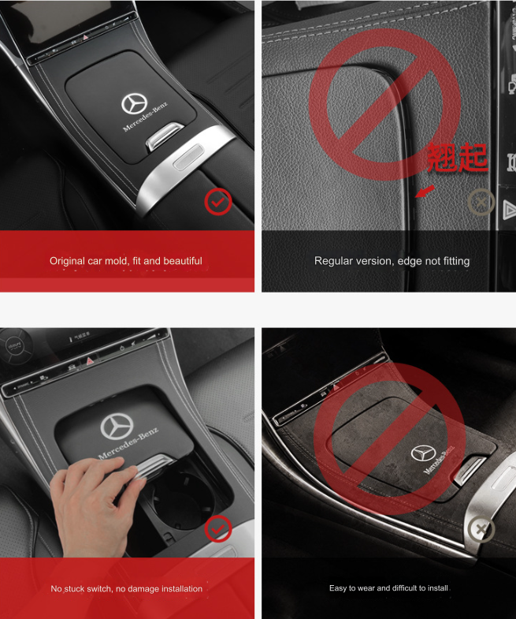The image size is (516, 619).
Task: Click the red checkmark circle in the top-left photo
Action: point(218,203)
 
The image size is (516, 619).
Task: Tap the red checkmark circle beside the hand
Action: point(218,530)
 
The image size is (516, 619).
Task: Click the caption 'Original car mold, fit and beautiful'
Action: point(126,260)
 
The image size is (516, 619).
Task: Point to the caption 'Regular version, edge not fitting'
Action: point(392,260)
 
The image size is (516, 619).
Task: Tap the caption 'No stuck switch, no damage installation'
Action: point(126,588)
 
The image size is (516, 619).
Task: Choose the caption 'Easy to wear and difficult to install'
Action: point(389,588)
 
